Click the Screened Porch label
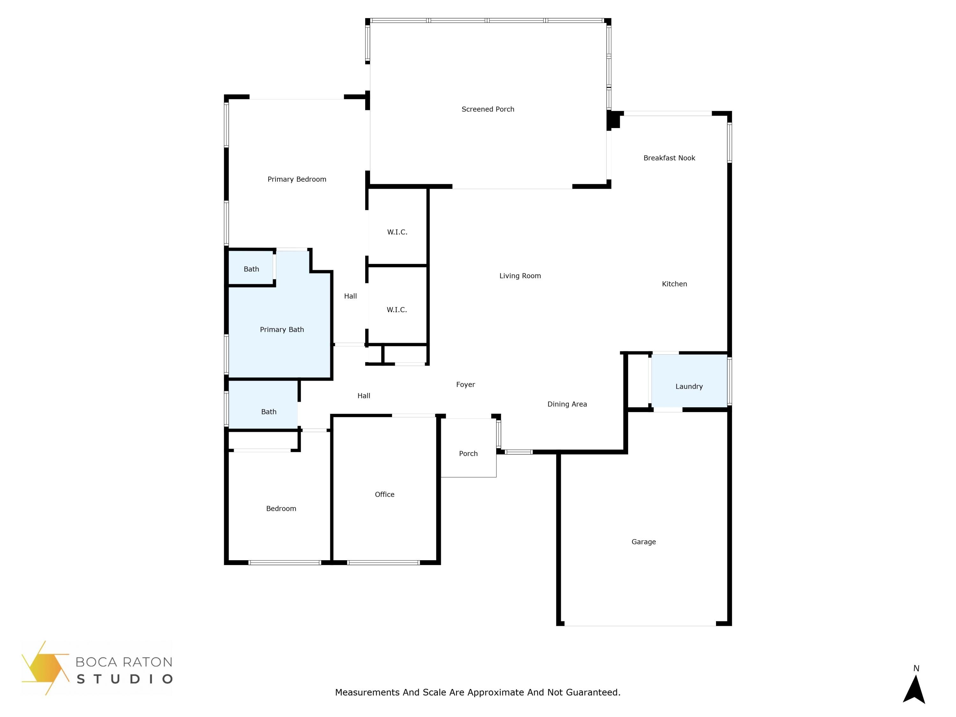[x=488, y=109]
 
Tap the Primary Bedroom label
[x=297, y=179]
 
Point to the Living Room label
[x=520, y=276]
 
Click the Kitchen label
[x=674, y=284]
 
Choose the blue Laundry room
[x=689, y=381]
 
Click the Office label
[x=384, y=495]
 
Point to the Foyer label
[x=466, y=385]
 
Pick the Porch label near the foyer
[x=468, y=454]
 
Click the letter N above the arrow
[x=916, y=669]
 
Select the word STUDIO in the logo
[x=125, y=679]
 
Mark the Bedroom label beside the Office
[x=281, y=509]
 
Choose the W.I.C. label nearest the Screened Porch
[x=397, y=232]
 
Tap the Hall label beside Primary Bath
[x=351, y=296]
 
